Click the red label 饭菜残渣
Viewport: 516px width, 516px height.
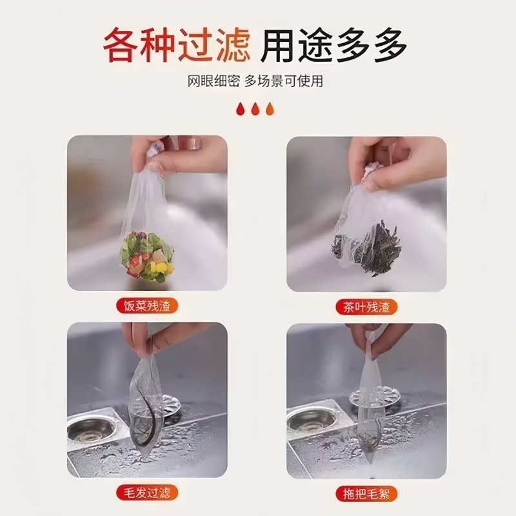[x=146, y=306]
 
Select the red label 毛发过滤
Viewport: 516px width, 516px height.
[x=146, y=493]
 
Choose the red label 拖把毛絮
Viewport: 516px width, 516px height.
[x=366, y=493]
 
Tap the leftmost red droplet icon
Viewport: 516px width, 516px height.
[x=240, y=108]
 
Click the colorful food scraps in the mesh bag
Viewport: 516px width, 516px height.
[x=147, y=255]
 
